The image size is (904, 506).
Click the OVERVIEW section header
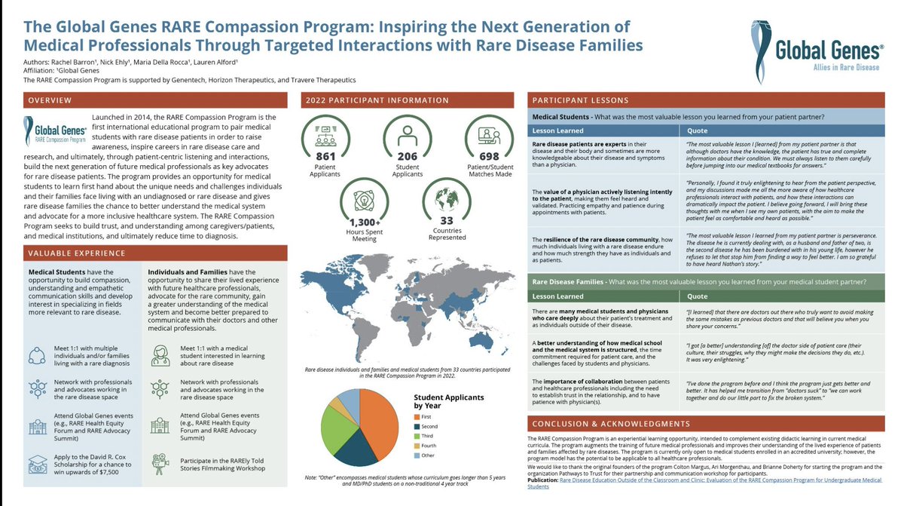(x=50, y=100)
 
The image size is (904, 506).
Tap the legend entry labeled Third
(x=426, y=435)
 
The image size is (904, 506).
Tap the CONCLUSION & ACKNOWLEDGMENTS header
(x=611, y=424)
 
